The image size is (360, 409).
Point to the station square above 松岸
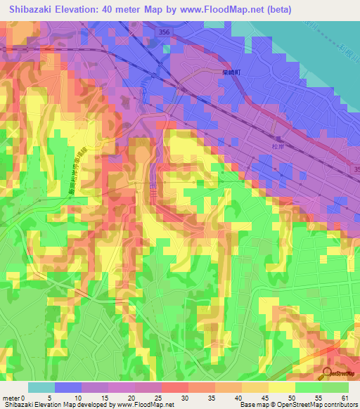coord(278,138)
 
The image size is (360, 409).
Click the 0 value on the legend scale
coord(28,398)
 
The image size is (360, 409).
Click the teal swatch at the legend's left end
coord(41,387)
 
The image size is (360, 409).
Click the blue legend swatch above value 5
coord(68,387)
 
